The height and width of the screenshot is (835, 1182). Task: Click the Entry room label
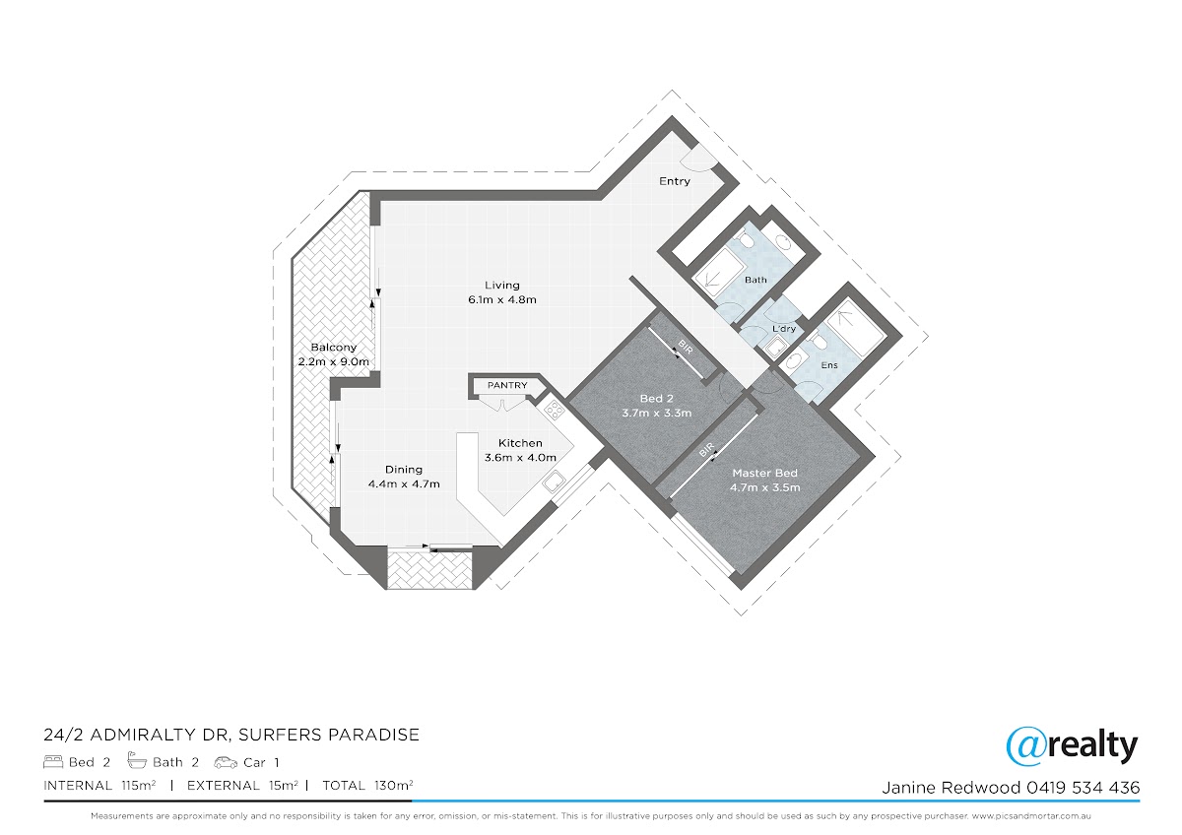(675, 181)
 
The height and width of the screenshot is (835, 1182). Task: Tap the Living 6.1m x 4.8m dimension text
(501, 299)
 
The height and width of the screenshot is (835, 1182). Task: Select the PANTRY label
(507, 385)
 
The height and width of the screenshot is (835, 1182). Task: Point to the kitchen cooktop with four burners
(555, 410)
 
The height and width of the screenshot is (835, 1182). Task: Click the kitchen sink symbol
(554, 482)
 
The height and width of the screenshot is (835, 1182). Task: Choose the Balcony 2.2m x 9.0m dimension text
(334, 361)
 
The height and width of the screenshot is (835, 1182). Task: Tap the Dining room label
(404, 470)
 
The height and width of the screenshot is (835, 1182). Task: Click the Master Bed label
(764, 474)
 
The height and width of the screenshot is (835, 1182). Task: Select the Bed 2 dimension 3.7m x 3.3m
(656, 413)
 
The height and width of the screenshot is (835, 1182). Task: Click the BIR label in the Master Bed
(706, 450)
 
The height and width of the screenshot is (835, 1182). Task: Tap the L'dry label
(784, 329)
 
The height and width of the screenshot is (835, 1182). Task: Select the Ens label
(829, 365)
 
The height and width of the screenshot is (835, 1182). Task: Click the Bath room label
(755, 280)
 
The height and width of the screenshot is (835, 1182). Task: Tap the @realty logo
(1072, 746)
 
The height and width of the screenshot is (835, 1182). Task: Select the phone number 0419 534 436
(1083, 788)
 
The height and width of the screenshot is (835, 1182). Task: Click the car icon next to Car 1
(226, 762)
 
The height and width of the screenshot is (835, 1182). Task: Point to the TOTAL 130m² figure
(367, 786)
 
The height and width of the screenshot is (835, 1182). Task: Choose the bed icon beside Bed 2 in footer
(53, 762)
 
